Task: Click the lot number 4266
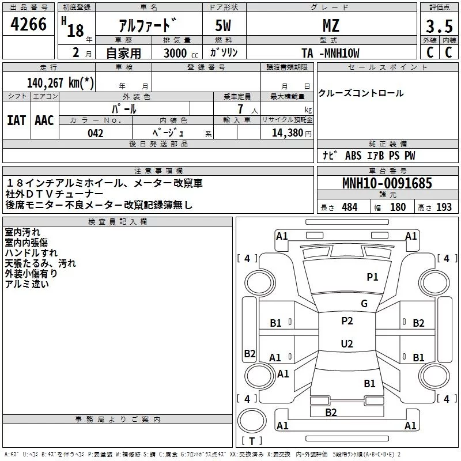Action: [x=29, y=25]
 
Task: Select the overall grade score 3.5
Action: [x=439, y=26]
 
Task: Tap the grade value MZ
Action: [x=331, y=25]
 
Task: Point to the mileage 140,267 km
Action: [x=60, y=82]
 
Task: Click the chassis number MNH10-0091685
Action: [x=387, y=184]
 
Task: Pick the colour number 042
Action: [x=96, y=133]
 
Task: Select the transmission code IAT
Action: [x=16, y=120]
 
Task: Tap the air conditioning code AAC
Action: [x=44, y=120]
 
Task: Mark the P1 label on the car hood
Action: [x=373, y=277]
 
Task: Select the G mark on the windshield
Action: [x=364, y=304]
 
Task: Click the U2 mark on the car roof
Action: [x=347, y=344]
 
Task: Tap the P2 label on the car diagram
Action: [x=347, y=321]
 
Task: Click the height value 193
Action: [x=444, y=207]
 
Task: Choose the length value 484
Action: [x=349, y=207]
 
